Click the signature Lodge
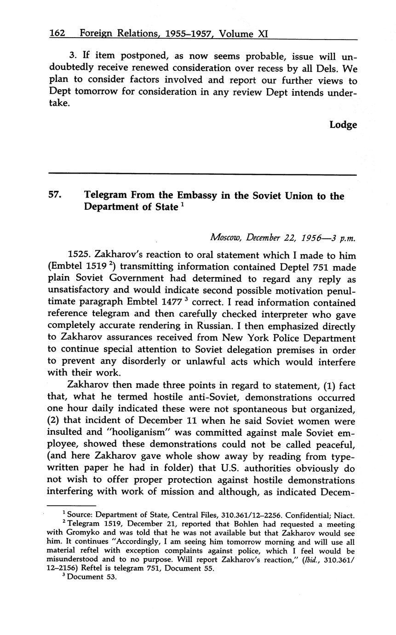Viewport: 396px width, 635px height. click(x=343, y=125)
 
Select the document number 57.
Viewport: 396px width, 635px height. click(x=54, y=196)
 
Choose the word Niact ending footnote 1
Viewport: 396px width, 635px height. click(x=344, y=515)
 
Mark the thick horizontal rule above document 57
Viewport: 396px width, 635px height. click(x=202, y=174)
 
